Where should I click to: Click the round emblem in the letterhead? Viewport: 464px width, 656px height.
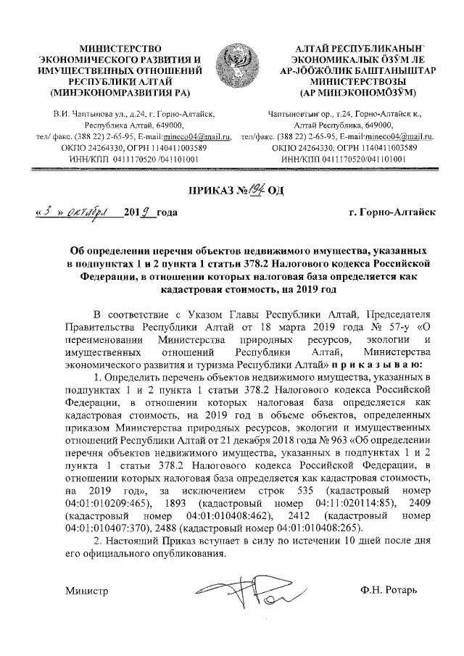[234, 67]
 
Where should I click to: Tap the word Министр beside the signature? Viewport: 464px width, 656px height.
[86, 591]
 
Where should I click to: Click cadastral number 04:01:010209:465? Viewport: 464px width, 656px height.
[107, 502]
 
